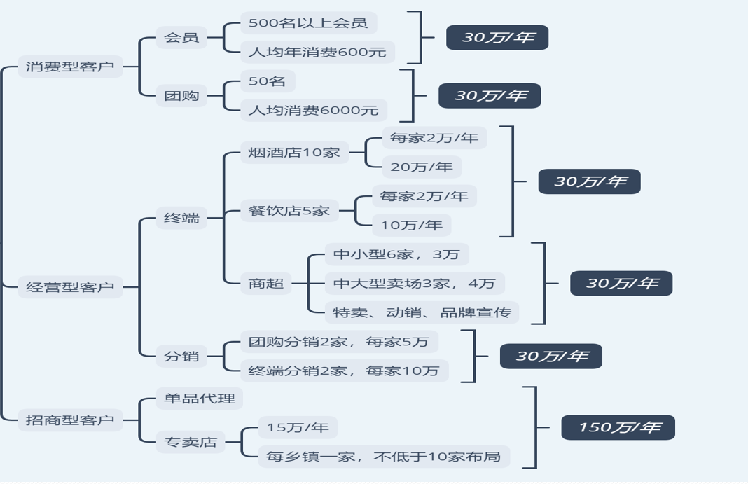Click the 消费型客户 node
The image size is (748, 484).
(x=70, y=67)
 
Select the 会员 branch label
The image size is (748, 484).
(x=181, y=37)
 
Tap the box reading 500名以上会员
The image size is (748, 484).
(x=308, y=22)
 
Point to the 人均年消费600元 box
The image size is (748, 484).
(x=317, y=52)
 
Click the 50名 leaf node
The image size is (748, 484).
(x=267, y=81)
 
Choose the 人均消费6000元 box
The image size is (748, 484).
(x=313, y=110)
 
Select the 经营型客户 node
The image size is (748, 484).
(x=70, y=287)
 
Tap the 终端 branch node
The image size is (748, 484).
(x=181, y=218)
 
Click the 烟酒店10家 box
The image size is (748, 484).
(x=294, y=152)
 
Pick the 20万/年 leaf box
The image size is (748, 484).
(x=422, y=167)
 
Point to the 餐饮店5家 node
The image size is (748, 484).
(x=289, y=210)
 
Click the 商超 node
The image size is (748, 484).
(x=266, y=284)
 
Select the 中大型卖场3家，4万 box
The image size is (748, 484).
(x=414, y=284)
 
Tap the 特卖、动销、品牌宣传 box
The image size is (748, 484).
(x=422, y=312)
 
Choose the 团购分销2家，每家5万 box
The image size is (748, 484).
(x=338, y=342)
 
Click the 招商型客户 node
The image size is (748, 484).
(x=70, y=420)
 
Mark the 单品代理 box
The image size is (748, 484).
(x=200, y=399)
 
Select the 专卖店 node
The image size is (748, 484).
(x=191, y=442)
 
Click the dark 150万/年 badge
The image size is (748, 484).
(x=618, y=427)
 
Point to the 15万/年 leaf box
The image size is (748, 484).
(x=298, y=427)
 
